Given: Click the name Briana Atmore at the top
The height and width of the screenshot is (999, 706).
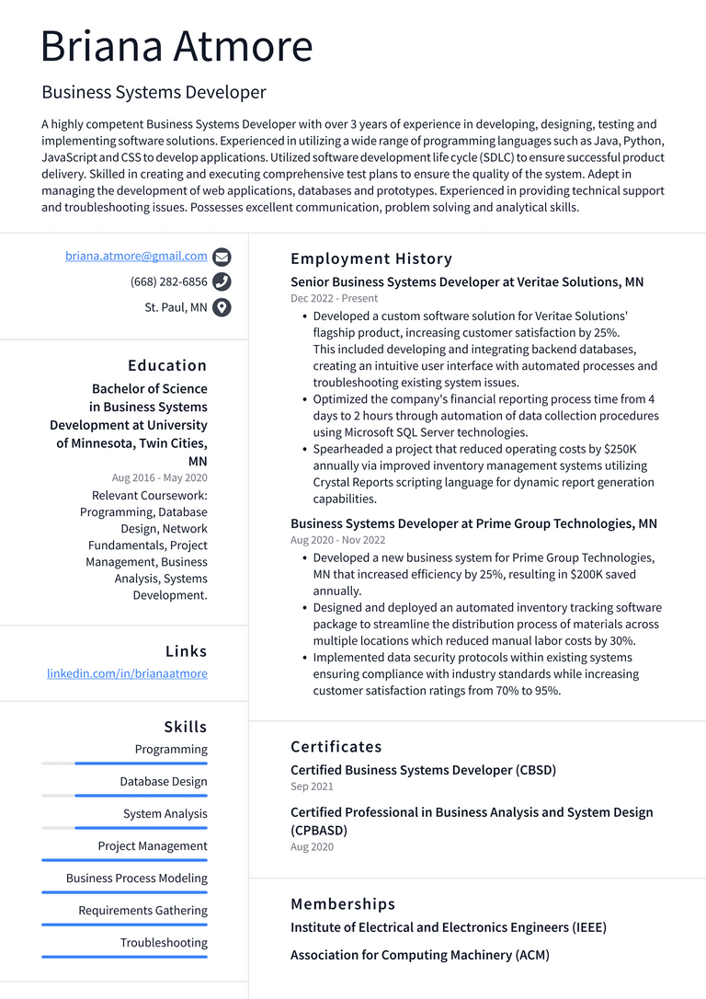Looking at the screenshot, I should coord(176,46).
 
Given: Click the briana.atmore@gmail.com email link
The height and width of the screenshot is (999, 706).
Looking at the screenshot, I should coord(136,256).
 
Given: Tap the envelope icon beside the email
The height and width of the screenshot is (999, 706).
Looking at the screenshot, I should coord(222,257).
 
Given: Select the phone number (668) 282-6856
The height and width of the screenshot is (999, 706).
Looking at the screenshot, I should coord(169,281).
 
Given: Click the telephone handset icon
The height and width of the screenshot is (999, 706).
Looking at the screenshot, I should coord(222,282).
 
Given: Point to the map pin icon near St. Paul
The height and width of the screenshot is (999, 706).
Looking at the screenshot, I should coord(222,308).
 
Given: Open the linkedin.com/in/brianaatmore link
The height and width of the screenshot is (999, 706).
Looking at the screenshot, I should coord(127,673).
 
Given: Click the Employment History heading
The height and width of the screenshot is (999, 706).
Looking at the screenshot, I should coord(371,258).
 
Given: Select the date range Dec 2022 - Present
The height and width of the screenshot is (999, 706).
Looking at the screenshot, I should coord(334,298).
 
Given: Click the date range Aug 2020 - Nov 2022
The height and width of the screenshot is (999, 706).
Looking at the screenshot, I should coord(337,540).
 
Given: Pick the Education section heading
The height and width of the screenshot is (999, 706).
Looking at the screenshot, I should coord(167,365).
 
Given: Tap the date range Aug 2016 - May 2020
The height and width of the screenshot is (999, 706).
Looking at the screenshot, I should coord(159,477).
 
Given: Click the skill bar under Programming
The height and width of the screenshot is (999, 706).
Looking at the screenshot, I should coord(124,764).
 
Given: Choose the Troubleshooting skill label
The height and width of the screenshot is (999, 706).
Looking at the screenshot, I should coord(164,943).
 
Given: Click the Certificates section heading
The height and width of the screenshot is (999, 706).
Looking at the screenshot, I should coord(336,746).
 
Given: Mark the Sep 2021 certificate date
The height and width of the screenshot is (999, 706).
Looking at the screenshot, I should coord(312,787).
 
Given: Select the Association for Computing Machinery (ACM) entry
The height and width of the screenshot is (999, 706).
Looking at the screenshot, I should coord(419,955).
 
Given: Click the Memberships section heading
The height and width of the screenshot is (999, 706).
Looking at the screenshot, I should coord(343,903).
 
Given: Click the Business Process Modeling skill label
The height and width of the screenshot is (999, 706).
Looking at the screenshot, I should coord(136,878).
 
